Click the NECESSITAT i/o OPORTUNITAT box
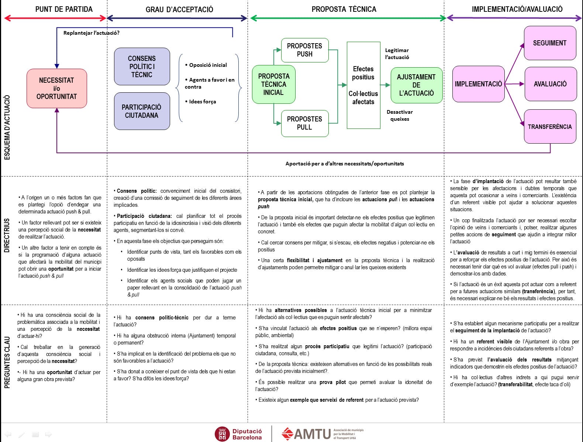(56, 88)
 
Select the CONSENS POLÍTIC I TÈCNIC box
(142, 66)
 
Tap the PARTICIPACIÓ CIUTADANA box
(142, 111)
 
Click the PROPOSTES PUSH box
(304, 50)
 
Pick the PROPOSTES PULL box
(304, 123)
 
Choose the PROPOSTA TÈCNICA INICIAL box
(273, 84)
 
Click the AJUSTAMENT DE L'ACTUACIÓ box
(416, 85)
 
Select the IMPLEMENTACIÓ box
(478, 84)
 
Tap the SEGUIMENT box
(550, 43)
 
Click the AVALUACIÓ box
(550, 84)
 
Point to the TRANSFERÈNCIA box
(550, 126)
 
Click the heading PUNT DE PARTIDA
(64, 9)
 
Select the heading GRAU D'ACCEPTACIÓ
(179, 10)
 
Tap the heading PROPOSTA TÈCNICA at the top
(344, 9)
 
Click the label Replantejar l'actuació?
(92, 33)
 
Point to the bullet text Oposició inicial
(208, 65)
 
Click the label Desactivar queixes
(400, 115)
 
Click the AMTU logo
(322, 434)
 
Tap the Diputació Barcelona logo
(239, 434)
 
